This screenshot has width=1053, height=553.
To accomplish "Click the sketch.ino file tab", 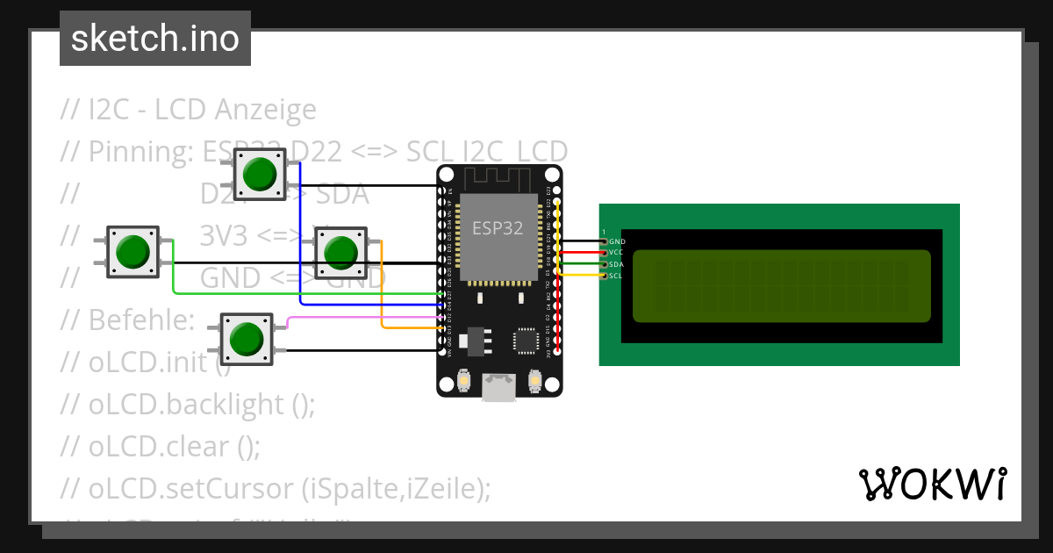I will (x=155, y=39).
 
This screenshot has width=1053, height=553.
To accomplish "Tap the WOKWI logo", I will (x=931, y=484).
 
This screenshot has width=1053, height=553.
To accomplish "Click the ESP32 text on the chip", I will (x=498, y=228).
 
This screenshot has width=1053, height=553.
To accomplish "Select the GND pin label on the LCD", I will (x=617, y=241).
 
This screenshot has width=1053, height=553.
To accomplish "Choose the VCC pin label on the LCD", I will (x=616, y=252).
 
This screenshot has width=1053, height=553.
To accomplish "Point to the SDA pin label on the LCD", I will (x=616, y=264).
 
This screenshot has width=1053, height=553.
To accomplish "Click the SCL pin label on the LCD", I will (x=616, y=276).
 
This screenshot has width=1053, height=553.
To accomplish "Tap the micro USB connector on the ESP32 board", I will (x=498, y=387).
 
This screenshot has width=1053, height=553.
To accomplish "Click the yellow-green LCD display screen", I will (x=781, y=285).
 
